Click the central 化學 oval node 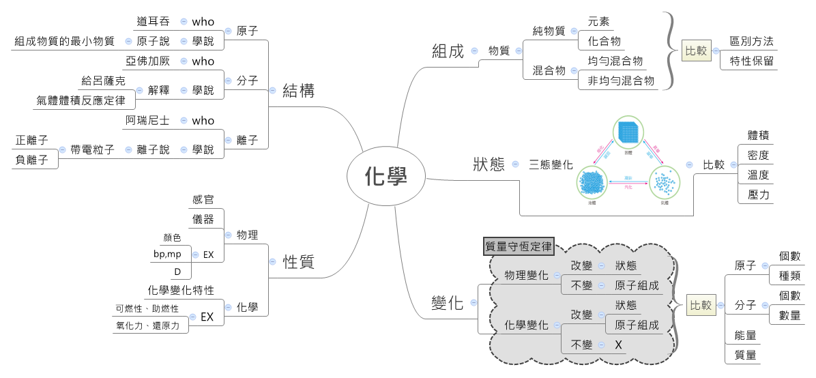point(386,177)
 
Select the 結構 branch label point(299,91)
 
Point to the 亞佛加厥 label point(148,61)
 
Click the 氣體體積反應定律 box point(81,101)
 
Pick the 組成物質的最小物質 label point(64,42)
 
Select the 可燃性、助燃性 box point(147,309)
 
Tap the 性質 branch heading point(299,262)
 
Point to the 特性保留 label point(751,61)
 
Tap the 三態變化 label point(551,164)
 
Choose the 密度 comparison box point(758,155)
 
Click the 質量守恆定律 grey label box point(519,246)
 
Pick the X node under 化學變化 point(618,345)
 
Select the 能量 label point(745,336)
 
